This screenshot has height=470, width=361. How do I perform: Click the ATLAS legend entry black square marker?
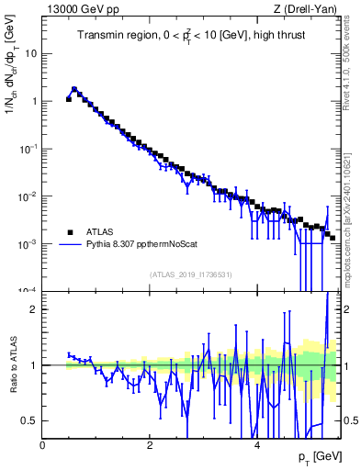71,232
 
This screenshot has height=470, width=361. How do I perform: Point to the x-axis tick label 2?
150,444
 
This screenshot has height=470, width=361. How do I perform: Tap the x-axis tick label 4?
257,444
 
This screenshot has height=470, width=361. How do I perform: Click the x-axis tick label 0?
42,444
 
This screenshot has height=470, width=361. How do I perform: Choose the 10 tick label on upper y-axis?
30,53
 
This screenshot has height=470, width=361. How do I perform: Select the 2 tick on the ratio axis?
34,309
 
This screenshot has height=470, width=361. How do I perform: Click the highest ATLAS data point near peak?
74,90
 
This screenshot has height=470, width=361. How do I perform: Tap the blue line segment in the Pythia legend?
71,245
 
